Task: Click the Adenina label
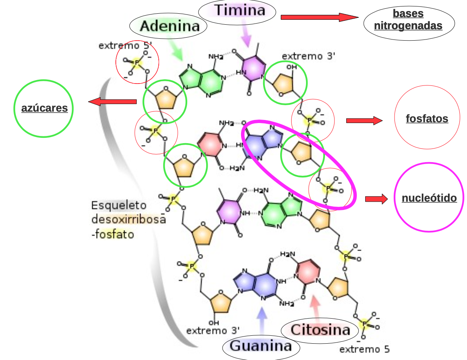[169, 26]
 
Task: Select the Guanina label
[261, 346]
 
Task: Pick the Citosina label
[320, 330]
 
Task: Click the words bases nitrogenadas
[409, 20]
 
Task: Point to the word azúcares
[44, 108]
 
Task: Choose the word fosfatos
[427, 119]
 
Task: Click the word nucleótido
[429, 198]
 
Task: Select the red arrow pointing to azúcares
[112, 101]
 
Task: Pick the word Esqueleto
[119, 205]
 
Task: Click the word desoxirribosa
[128, 219]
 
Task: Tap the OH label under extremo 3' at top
[292, 67]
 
